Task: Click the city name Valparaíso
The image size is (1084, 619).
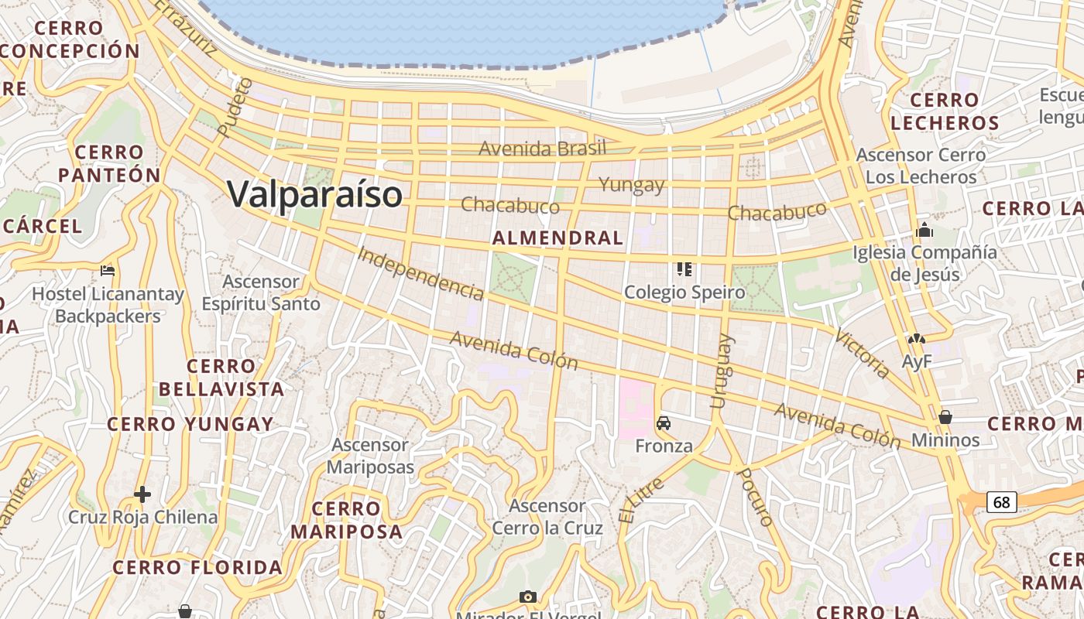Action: pyautogui.click(x=314, y=193)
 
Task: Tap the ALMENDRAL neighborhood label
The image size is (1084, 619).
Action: pyautogui.click(x=557, y=238)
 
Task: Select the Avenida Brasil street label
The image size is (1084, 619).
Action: pyautogui.click(x=542, y=149)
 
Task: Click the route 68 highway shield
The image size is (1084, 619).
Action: pyautogui.click(x=1001, y=502)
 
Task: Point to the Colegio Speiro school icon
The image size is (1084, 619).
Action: pyautogui.click(x=684, y=269)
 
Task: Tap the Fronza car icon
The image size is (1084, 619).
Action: pyautogui.click(x=664, y=423)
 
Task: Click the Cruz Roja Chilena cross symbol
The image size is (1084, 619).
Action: pyautogui.click(x=142, y=494)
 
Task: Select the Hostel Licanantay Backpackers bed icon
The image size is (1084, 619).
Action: pyautogui.click(x=108, y=271)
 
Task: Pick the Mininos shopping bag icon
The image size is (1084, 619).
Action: pyautogui.click(x=945, y=417)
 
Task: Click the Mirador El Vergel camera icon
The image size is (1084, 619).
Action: pyautogui.click(x=528, y=597)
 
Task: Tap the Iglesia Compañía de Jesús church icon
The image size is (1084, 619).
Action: pyautogui.click(x=924, y=231)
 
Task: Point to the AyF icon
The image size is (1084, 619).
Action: pyautogui.click(x=917, y=339)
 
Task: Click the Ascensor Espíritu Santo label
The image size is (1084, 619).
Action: pyautogui.click(x=261, y=292)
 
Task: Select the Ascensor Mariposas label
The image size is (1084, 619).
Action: pyautogui.click(x=370, y=457)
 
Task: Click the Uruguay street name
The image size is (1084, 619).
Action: pyautogui.click(x=720, y=371)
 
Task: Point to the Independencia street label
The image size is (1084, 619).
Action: pyautogui.click(x=421, y=273)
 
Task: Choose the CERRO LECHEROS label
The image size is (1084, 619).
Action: pyautogui.click(x=945, y=111)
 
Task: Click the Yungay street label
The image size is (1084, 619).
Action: pyautogui.click(x=632, y=185)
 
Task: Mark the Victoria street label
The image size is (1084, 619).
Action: pyautogui.click(x=863, y=354)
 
